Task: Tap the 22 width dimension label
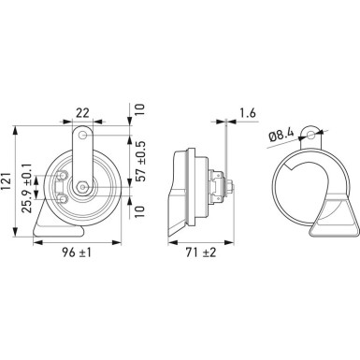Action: (x=82, y=112)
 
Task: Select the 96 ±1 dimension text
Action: (x=77, y=252)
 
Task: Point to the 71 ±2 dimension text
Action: (x=201, y=252)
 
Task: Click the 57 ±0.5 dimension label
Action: (x=141, y=161)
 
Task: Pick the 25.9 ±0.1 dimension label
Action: (x=27, y=188)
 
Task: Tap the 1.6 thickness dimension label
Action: (x=248, y=113)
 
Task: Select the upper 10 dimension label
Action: (x=140, y=109)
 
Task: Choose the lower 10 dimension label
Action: (x=140, y=211)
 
